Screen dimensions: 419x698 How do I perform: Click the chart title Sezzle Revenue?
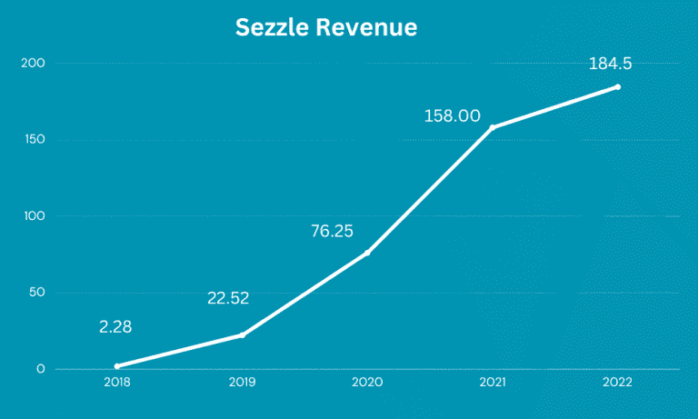click(326, 28)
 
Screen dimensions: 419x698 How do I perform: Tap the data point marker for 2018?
click(117, 366)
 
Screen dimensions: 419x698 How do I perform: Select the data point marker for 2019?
click(243, 335)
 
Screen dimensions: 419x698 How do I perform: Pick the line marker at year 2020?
click(367, 253)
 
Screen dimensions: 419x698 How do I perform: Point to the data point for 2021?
click(493, 127)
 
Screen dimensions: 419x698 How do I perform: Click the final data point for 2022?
click(618, 87)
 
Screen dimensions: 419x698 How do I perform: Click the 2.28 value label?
click(115, 326)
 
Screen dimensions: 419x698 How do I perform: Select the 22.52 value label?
click(228, 297)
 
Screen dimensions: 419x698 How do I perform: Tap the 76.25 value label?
click(332, 231)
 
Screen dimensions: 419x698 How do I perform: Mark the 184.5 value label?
click(610, 64)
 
